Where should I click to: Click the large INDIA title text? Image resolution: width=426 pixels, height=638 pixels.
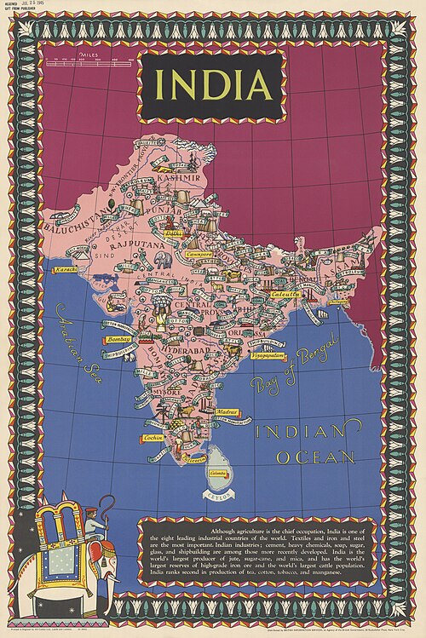click(x=213, y=86)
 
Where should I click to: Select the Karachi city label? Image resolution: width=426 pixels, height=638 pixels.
click(x=66, y=269)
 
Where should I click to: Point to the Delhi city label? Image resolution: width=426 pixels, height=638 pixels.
click(x=174, y=232)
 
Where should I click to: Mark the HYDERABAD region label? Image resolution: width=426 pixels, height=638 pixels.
click(x=192, y=349)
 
